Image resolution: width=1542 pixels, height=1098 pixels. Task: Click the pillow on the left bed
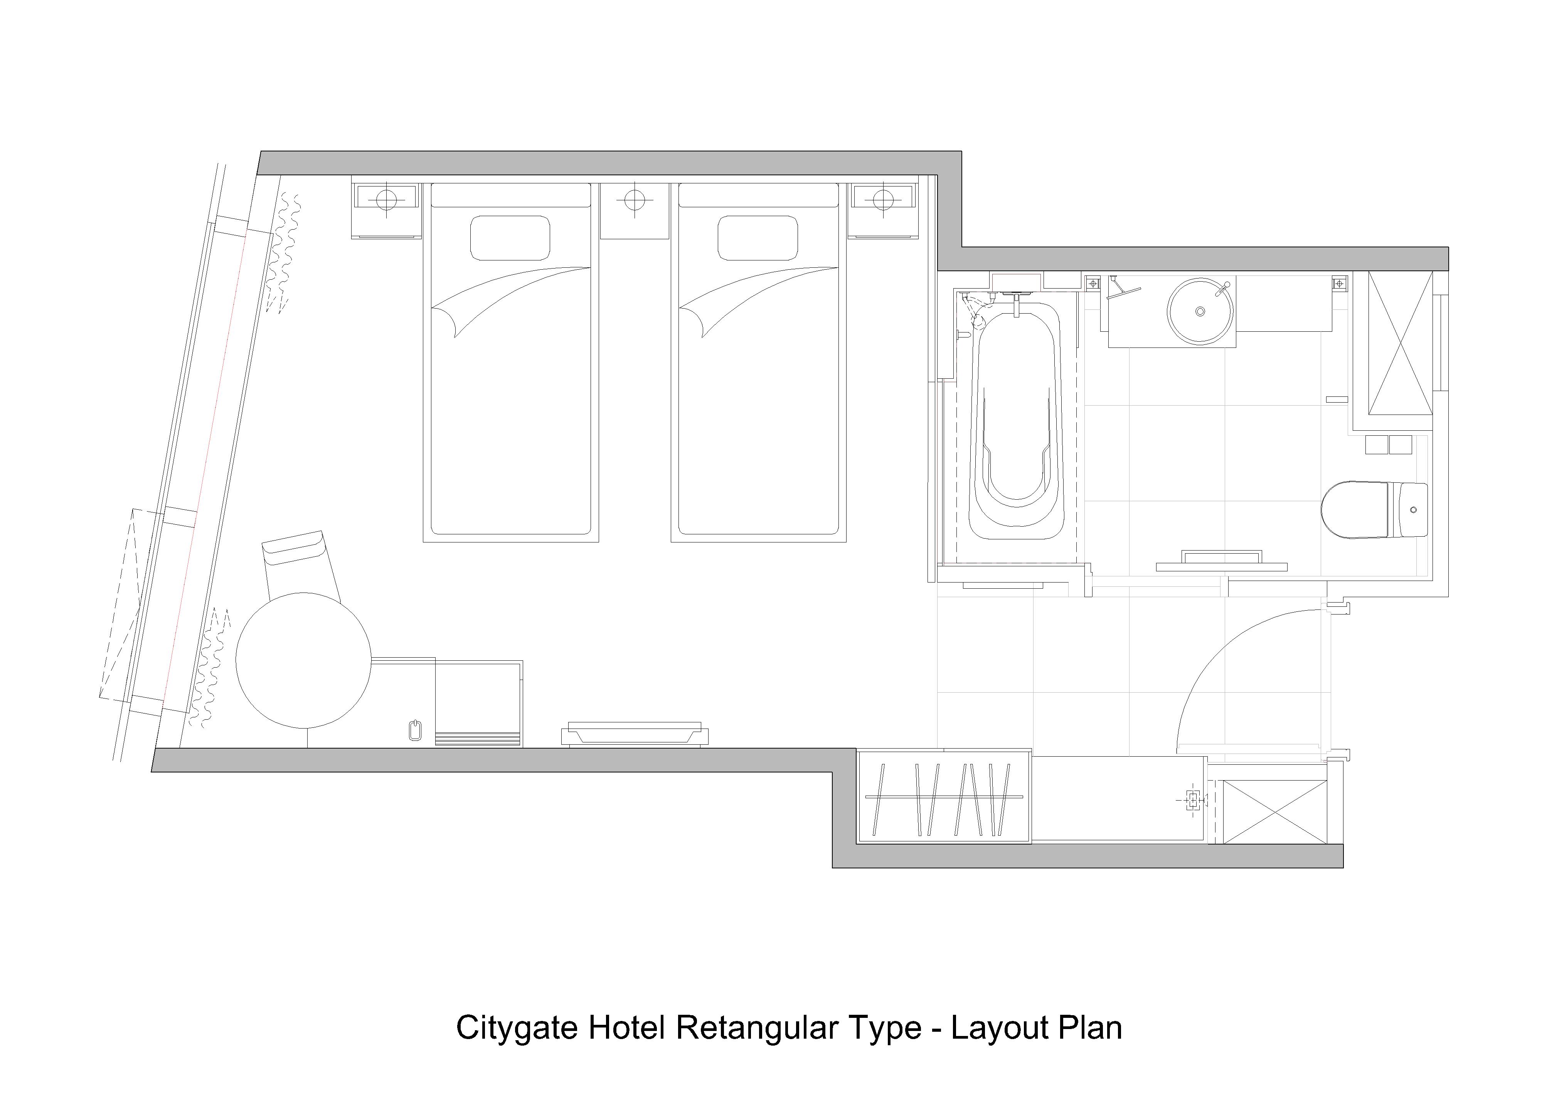(x=510, y=238)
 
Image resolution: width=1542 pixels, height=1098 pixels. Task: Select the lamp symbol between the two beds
(x=635, y=200)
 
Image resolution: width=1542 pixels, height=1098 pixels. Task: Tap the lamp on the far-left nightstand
(x=385, y=200)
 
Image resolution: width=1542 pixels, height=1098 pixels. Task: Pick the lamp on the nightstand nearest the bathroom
(x=883, y=200)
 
